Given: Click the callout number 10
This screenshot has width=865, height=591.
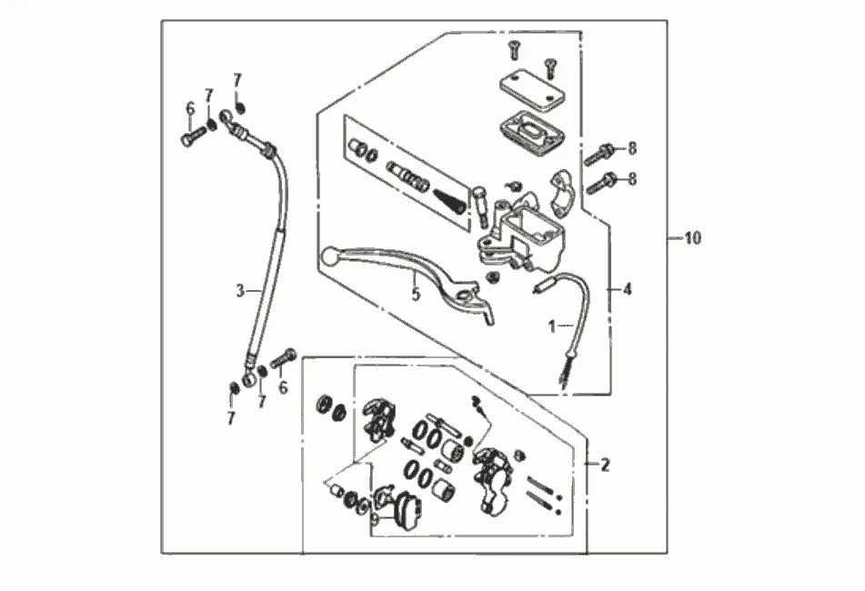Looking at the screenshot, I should (x=692, y=238).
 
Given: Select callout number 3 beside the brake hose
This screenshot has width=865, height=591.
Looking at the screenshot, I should (x=240, y=291).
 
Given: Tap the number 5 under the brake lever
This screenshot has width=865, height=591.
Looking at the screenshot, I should (x=416, y=295).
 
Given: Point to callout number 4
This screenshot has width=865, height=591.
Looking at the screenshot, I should (x=626, y=289).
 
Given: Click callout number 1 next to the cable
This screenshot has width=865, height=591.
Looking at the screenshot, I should (x=551, y=324).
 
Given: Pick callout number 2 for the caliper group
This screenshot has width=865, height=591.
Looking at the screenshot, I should (x=605, y=465).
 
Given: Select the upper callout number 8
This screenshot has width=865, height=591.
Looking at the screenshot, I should (x=632, y=148).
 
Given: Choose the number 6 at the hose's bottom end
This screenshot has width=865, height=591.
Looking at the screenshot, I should (x=283, y=387).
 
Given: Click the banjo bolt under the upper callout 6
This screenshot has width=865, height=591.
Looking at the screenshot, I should (x=192, y=138).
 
